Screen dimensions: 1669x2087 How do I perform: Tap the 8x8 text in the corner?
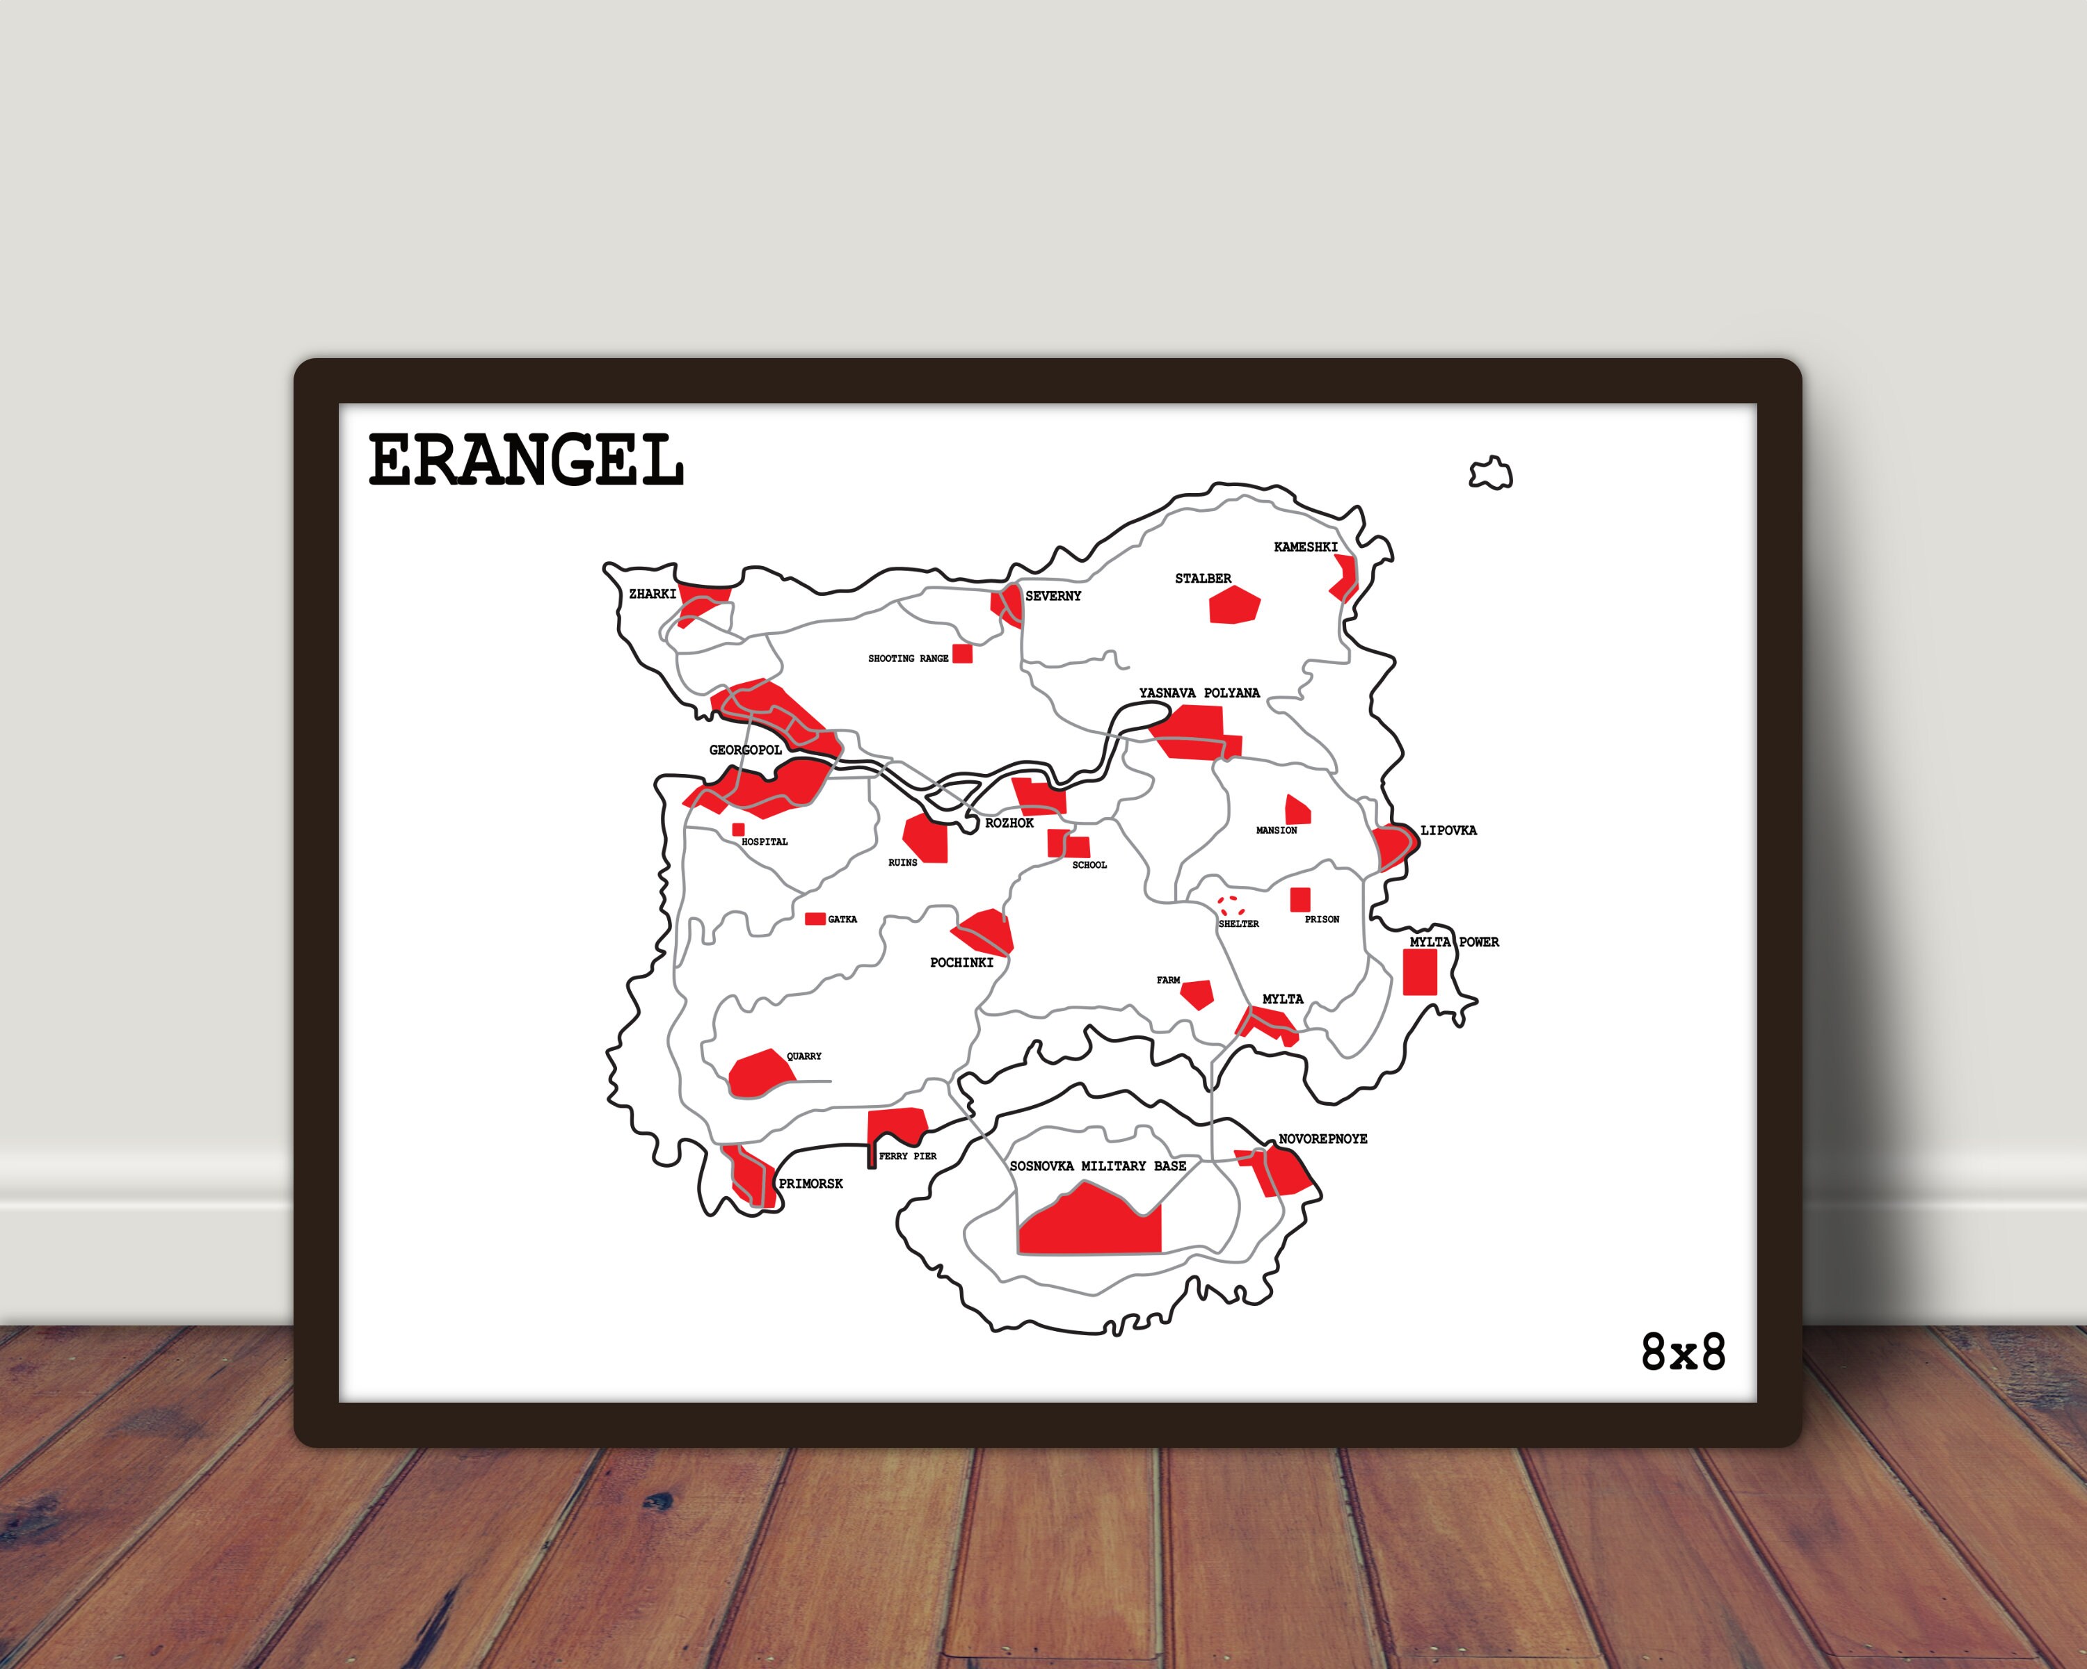1684,1353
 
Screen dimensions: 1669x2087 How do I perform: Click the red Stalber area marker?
1233,605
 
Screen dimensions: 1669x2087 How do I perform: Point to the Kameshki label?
1305,547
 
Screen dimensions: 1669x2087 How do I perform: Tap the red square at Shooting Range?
962,653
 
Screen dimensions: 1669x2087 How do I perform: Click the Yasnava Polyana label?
1199,693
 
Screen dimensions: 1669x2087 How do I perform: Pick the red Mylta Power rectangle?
1420,971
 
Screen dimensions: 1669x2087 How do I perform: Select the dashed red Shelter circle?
1231,905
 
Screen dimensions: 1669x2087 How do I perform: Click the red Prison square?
1300,899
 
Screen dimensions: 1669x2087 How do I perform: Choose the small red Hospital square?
739,829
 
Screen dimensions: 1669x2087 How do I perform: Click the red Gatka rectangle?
815,918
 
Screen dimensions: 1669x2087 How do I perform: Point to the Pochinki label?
961,962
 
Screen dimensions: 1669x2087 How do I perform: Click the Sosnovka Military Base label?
1098,1166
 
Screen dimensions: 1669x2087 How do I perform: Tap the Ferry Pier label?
907,1156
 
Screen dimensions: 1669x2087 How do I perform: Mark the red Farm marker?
1197,994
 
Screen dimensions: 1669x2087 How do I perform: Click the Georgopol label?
745,750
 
